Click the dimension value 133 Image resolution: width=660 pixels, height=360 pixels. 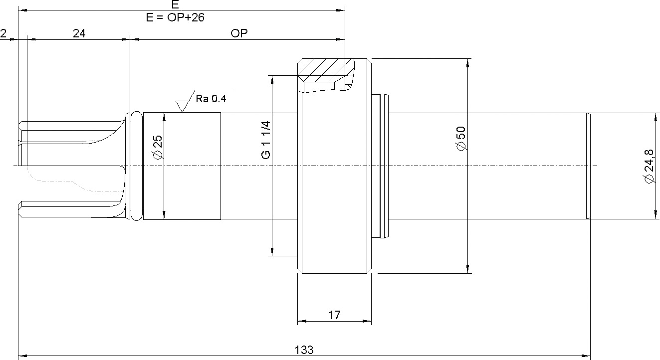(304, 350)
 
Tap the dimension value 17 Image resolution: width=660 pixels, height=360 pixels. (334, 315)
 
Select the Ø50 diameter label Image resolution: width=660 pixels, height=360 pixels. (461, 139)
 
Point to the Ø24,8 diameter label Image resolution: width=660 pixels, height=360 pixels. (650, 166)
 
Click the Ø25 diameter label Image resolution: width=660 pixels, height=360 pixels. (158, 147)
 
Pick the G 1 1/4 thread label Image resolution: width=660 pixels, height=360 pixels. (266, 140)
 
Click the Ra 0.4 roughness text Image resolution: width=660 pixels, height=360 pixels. (211, 99)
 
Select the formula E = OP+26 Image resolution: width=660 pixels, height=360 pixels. (175, 17)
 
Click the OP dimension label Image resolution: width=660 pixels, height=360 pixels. (239, 33)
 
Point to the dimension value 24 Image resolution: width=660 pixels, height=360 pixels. (79, 33)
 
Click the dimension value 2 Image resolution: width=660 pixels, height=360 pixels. (3, 33)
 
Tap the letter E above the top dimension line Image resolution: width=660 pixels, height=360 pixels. (175, 4)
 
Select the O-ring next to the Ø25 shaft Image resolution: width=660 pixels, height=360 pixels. (136, 166)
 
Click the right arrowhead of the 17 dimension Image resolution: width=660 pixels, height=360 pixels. (367, 321)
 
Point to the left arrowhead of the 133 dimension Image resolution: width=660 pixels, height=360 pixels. (22, 356)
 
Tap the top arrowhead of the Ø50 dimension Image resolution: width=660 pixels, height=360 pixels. (467, 63)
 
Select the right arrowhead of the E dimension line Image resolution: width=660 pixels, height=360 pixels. (340, 10)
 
